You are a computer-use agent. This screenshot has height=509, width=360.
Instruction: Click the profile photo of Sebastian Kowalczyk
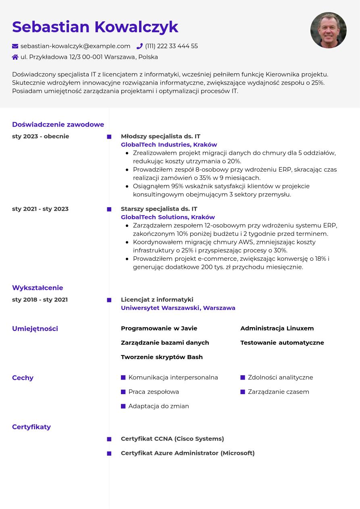coord(328,30)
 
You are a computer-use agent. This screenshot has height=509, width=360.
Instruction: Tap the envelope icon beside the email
coord(15,46)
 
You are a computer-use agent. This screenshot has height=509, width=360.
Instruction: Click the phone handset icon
coord(139,46)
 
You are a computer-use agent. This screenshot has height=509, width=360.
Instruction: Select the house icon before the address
coord(15,57)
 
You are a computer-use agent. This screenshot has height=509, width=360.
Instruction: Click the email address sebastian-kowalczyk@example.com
coord(75,46)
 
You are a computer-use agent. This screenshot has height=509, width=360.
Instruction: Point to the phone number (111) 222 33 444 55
coord(171,46)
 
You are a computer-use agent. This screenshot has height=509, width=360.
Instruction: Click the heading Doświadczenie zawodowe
coord(58,125)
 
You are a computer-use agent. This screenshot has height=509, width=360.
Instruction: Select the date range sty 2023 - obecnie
coord(41,136)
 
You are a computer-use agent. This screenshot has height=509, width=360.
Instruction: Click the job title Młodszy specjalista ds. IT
coord(160,136)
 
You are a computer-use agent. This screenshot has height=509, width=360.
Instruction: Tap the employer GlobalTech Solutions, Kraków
coord(168,217)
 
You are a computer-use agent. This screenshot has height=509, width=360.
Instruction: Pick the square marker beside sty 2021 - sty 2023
coord(109,209)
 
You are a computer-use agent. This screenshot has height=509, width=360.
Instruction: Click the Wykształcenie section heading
coord(37,288)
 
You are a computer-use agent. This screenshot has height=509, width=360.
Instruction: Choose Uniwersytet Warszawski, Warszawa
coord(178,308)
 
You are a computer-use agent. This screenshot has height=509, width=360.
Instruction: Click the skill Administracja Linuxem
coord(277,328)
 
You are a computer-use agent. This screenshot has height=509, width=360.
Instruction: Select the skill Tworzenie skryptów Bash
coord(162,357)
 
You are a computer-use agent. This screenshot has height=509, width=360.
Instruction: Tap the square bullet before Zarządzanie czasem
coord(243,392)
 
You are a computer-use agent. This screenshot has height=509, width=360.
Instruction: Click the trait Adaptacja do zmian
coord(158,406)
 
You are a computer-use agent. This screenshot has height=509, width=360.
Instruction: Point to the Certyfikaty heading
coord(31,427)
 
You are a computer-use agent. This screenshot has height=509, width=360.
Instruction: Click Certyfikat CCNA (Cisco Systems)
coord(172,439)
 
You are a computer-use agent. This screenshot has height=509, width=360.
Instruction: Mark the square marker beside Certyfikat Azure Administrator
coord(109,453)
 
